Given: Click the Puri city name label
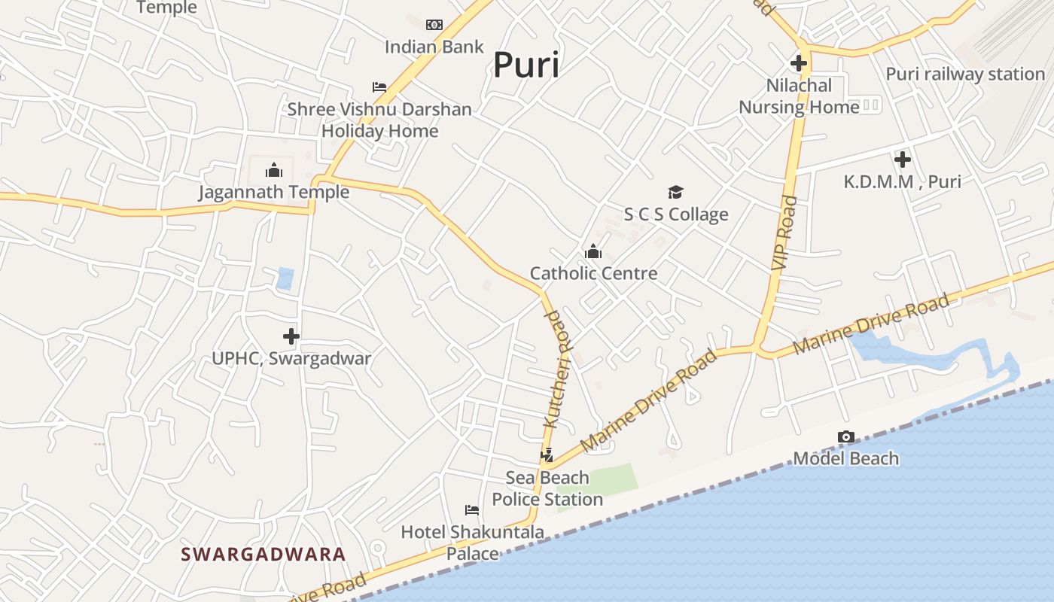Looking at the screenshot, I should [x=526, y=65].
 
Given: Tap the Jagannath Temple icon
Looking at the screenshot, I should [x=274, y=170].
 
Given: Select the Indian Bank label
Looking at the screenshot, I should [x=434, y=47].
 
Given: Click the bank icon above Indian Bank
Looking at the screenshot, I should [x=434, y=25].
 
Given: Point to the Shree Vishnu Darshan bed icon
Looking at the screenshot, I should [x=379, y=87].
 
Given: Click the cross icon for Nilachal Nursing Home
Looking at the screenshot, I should [x=799, y=63].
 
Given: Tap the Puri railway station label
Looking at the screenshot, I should [x=965, y=74].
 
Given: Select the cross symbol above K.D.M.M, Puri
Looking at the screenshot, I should [x=902, y=160].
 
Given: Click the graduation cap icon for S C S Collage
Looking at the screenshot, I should [x=675, y=193].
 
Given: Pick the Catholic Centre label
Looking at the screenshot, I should [x=593, y=273].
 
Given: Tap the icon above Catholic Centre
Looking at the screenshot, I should [x=593, y=251].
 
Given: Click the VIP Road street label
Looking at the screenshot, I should [x=784, y=233].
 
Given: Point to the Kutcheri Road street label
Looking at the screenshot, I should [x=557, y=369].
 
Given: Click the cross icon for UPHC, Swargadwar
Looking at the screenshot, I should [x=291, y=336].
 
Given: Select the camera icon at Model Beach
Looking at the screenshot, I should [x=846, y=437].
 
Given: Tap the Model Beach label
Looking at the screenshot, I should [x=846, y=458].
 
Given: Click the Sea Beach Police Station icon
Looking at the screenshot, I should [x=547, y=455].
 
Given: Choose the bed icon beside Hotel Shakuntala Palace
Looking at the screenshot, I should [x=472, y=510].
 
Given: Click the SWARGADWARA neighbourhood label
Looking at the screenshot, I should [x=263, y=555].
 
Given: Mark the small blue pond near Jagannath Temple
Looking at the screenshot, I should [x=285, y=278].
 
